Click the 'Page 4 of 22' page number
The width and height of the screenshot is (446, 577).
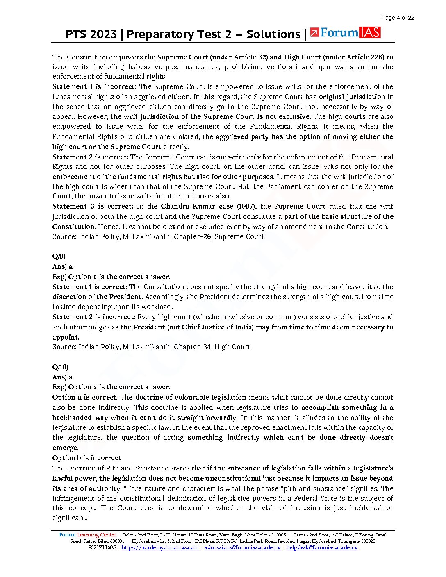[397, 18]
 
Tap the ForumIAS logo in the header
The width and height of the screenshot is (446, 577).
[345, 33]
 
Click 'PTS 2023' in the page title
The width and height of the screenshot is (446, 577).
[91, 34]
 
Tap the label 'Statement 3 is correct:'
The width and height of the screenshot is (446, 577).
[93, 206]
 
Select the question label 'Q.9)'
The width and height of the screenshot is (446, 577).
[59, 257]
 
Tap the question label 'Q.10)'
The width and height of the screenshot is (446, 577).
[60, 367]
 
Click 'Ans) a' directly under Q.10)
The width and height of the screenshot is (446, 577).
[62, 377]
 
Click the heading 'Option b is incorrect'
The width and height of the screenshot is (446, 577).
[86, 458]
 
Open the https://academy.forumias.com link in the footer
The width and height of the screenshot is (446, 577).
[160, 547]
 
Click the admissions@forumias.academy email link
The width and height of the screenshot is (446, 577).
[242, 547]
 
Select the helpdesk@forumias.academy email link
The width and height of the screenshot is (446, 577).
[322, 547]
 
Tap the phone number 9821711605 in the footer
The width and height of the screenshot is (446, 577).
[102, 547]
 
